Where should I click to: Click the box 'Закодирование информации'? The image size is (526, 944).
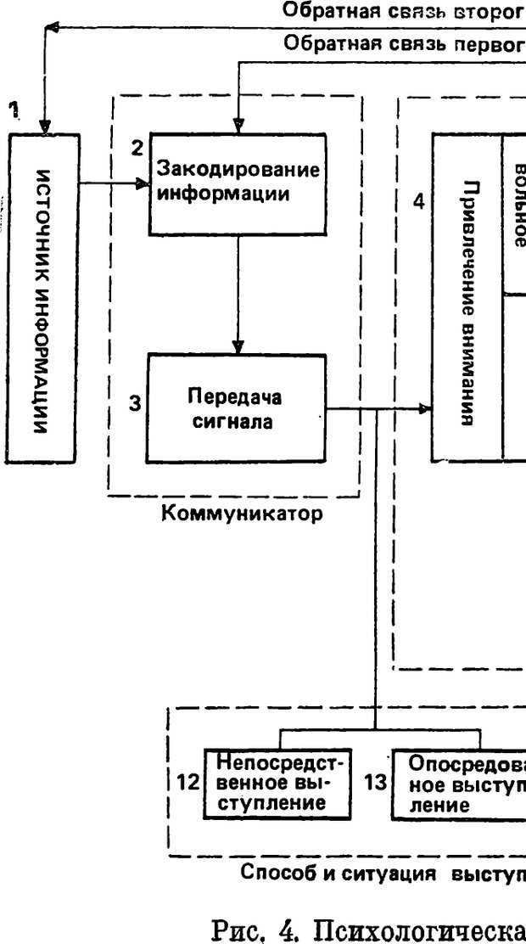click(x=238, y=183)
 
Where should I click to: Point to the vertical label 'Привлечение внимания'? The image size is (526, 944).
click(x=467, y=297)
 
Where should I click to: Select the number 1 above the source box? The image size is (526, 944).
click(x=13, y=109)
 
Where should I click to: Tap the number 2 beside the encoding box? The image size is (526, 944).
click(x=136, y=147)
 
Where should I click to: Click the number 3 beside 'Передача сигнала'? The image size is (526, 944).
click(x=134, y=403)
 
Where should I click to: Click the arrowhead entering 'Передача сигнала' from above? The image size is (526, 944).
click(x=238, y=347)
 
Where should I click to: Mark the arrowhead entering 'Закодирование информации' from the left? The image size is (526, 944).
click(x=143, y=183)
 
